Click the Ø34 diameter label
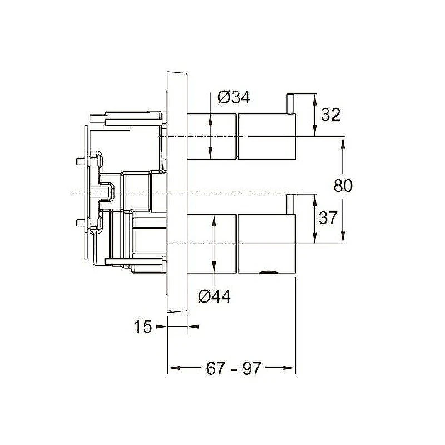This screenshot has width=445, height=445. (x=234, y=98)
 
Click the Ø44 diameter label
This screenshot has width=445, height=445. (x=214, y=297)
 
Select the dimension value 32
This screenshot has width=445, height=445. (x=330, y=115)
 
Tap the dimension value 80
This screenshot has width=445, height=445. (x=343, y=186)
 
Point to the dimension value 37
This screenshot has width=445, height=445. (x=328, y=217)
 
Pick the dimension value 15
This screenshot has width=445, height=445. (x=142, y=327)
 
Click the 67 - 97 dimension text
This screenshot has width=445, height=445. (x=233, y=368)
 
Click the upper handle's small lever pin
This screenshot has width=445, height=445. (x=290, y=104)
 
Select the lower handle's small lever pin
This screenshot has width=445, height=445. (x=290, y=204)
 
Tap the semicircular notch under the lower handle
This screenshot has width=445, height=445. (x=268, y=272)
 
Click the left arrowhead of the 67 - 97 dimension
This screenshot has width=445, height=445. (x=174, y=368)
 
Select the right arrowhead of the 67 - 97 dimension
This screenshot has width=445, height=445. (x=289, y=368)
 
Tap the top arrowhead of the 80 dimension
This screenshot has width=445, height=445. (x=343, y=142)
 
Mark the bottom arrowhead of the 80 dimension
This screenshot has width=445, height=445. (x=343, y=238)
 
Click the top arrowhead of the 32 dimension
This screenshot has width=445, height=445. (x=314, y=100)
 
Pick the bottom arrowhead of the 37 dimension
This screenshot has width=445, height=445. (x=314, y=238)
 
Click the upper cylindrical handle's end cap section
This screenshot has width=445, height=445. (x=267, y=136)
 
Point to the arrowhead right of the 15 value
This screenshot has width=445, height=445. (x=193, y=327)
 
